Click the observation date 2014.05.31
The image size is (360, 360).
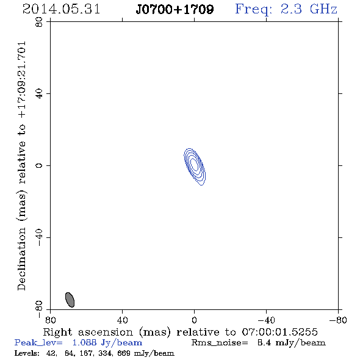click(61, 9)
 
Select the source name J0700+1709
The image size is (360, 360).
click(175, 10)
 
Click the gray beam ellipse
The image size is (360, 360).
click(70, 300)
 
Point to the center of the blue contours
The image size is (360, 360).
click(195, 166)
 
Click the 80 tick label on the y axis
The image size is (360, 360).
click(39, 22)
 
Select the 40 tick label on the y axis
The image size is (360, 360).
click(39, 94)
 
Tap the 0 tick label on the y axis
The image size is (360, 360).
click(39, 165)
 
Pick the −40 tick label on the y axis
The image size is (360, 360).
click(39, 237)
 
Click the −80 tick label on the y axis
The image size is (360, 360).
click(39, 309)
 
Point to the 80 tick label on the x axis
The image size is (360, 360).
click(50, 320)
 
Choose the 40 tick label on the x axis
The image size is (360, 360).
click(122, 320)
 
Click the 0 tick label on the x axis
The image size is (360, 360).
click(194, 320)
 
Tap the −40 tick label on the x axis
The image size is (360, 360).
click(266, 320)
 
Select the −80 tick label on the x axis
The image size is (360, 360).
click(338, 320)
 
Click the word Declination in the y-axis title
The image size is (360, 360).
click(21, 259)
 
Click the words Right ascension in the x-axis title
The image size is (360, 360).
click(88, 332)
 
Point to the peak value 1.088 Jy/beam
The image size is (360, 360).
click(107, 342)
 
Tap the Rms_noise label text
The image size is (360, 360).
click(220, 342)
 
